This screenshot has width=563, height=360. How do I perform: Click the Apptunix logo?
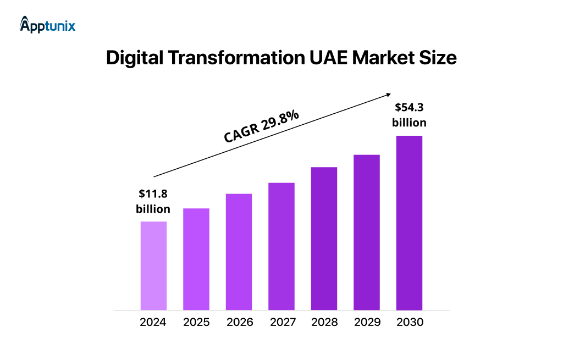[48, 25]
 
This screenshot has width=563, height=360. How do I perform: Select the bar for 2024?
[153, 265]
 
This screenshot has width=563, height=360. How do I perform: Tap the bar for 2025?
[196, 259]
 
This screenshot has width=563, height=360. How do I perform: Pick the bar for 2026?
[239, 252]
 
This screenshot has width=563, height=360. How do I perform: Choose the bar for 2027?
[281, 246]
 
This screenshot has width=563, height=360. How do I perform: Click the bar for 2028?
[324, 238]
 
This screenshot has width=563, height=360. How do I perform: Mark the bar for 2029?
[367, 232]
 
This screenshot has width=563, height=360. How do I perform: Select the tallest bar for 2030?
[409, 223]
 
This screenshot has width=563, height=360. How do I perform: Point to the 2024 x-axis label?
[153, 322]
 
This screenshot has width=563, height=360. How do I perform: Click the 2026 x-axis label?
[239, 322]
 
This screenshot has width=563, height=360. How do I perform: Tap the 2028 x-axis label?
[324, 322]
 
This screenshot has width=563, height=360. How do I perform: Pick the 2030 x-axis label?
[410, 322]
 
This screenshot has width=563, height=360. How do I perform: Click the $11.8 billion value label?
[153, 201]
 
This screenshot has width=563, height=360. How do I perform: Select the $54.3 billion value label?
[409, 115]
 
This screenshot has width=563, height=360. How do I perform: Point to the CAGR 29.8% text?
[261, 127]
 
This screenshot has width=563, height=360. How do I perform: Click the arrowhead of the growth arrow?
[388, 94]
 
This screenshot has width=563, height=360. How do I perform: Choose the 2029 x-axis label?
[367, 322]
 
